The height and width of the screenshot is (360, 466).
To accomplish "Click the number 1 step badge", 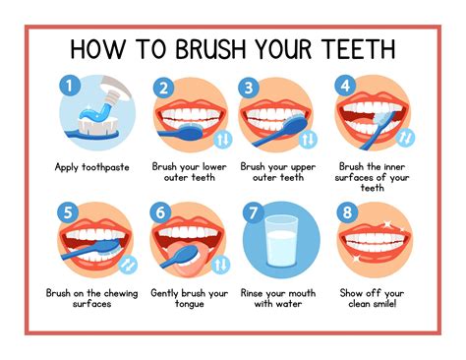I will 68,87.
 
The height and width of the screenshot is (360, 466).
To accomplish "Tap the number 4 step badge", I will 344,87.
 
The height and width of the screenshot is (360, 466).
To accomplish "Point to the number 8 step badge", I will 344,210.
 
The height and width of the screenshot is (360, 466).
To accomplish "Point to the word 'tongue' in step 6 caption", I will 189,304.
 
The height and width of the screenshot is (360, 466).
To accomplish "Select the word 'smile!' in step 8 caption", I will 391,304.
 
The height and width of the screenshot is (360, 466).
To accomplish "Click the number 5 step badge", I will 68,210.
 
